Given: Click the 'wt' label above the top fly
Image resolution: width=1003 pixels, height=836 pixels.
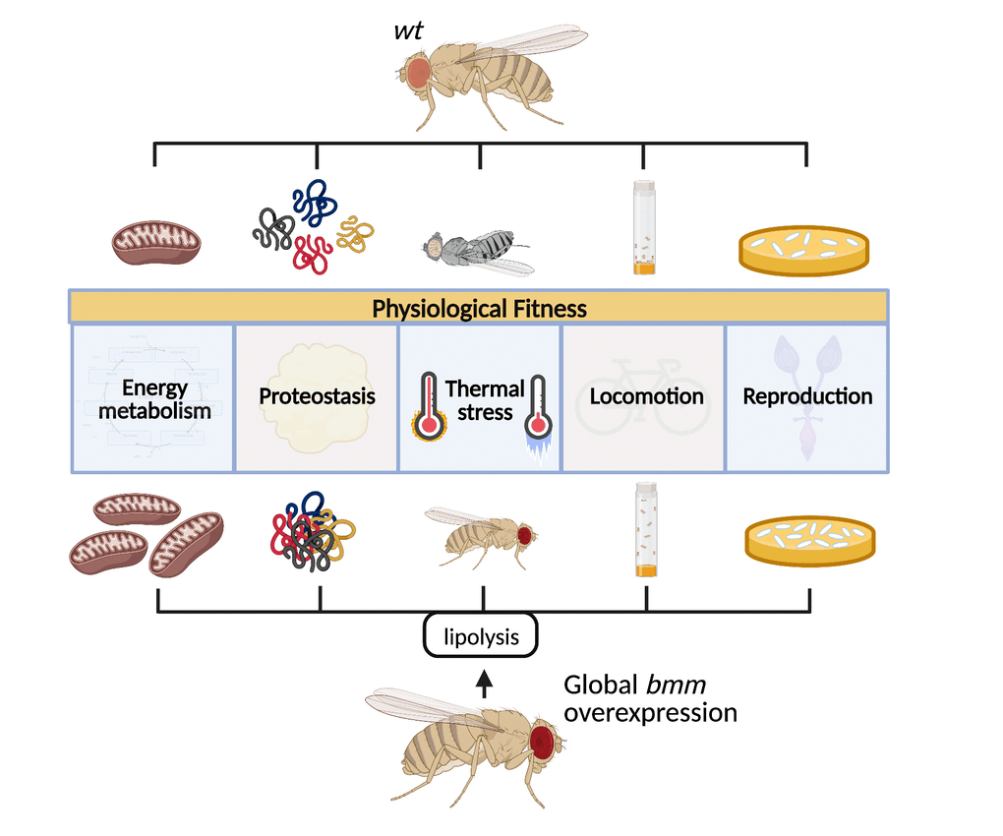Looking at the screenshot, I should (408, 30).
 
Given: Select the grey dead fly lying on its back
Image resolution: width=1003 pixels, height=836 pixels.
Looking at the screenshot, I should (478, 250).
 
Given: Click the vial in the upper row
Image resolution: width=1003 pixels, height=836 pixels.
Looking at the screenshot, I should (644, 227).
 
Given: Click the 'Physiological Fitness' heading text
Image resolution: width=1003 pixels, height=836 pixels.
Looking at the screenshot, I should (479, 309).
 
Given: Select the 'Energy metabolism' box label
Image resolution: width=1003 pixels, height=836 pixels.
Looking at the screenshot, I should (154, 399).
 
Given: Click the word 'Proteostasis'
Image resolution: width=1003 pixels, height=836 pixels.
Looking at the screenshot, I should (317, 397).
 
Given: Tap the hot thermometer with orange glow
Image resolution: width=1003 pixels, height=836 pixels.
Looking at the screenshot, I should (426, 405).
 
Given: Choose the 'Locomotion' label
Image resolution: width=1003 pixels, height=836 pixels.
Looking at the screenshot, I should (646, 397).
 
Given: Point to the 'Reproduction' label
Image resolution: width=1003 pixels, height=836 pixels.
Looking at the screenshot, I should (807, 396).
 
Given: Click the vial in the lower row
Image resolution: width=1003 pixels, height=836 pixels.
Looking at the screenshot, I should (646, 528).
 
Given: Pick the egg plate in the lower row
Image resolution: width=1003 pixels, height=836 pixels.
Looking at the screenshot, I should (809, 539).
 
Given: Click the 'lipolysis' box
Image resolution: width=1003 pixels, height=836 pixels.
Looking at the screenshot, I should (482, 636).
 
